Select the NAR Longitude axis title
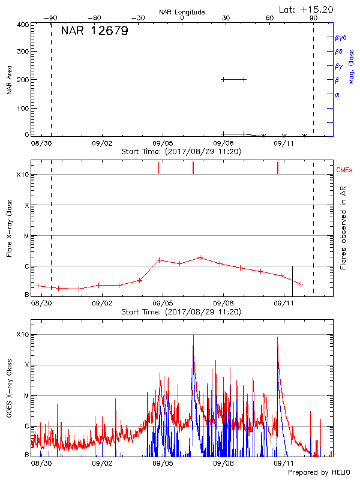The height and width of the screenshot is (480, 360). tap(182, 11)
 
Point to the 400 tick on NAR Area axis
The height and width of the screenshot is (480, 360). tap(22, 25)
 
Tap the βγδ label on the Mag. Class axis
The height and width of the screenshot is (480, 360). tap(340, 37)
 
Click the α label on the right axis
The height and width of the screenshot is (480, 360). tap(337, 94)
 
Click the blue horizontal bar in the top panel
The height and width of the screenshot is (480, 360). tap(233, 79)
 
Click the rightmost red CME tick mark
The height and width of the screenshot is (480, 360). tap(278, 167)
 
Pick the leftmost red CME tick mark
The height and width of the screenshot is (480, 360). tap(158, 167)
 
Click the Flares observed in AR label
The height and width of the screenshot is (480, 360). tap(343, 229)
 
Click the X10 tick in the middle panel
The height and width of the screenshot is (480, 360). tap(22, 175)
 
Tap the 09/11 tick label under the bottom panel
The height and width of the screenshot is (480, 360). tap(283, 464)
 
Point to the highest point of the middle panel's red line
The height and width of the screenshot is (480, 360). tap(200, 257)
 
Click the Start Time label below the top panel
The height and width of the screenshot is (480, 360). tap(181, 152)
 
